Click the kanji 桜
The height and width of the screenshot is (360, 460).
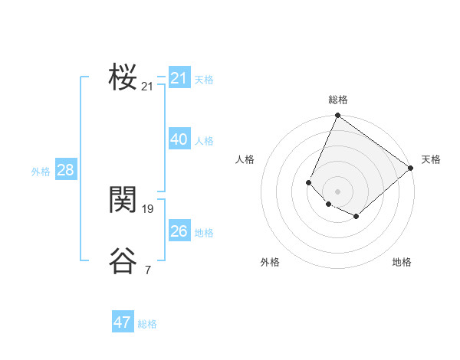coord(123,77)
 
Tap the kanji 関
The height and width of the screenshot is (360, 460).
coord(123,199)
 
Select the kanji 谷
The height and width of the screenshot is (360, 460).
coord(123,260)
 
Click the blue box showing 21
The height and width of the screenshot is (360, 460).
coord(179,78)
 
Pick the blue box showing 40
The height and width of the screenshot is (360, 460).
coord(179,139)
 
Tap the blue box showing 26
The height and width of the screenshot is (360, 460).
coord(179,231)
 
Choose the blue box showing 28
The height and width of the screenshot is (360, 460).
coord(65,170)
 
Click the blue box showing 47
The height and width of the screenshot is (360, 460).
coord(123,322)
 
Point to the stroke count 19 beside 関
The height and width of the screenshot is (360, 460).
coord(148,208)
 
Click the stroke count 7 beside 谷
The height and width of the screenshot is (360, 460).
coord(148,270)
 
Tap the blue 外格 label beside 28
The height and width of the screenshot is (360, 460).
coord(41,172)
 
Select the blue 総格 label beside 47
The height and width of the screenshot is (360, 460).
coord(147,324)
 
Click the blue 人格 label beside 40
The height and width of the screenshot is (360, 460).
coord(204,141)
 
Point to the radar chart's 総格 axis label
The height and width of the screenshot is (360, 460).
coord(338,100)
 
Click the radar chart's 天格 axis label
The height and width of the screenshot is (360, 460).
coord(431,159)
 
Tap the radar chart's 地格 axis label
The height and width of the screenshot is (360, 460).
coord(402,262)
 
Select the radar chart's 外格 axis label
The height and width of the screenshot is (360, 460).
coord(270,262)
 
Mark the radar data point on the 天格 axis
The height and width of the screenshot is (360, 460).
coord(411,168)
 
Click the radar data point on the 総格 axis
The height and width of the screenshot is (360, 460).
coord(338,116)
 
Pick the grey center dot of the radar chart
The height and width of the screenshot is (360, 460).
coord(338,191)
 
